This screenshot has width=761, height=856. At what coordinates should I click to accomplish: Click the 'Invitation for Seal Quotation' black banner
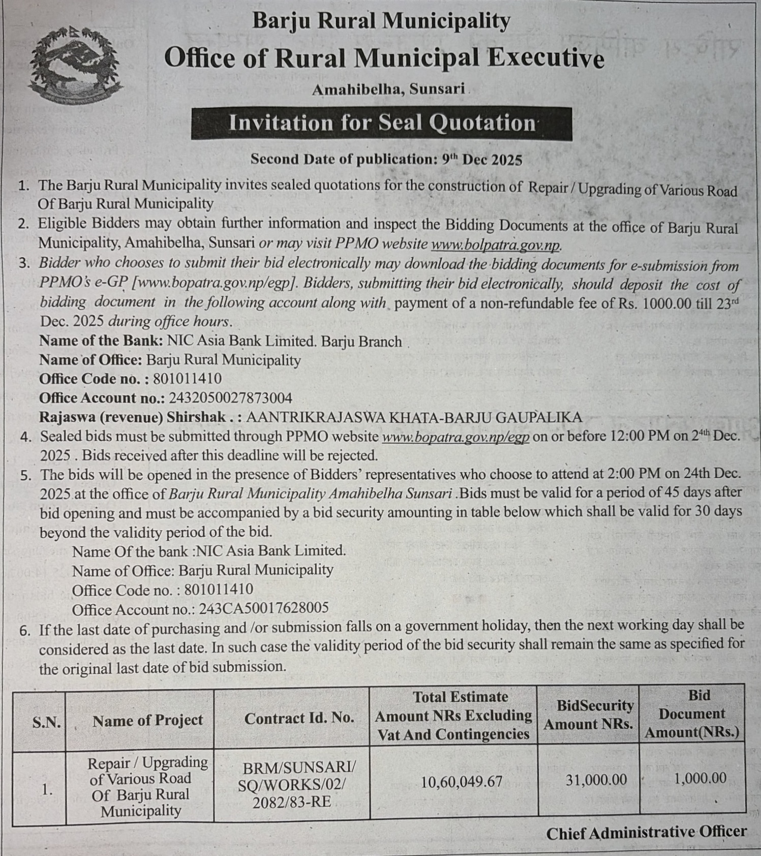point(381,123)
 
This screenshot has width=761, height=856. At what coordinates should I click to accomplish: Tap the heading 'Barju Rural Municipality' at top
point(381,21)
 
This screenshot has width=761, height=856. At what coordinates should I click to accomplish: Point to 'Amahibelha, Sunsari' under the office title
point(388,89)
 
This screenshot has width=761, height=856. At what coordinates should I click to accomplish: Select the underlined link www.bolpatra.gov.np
point(496,244)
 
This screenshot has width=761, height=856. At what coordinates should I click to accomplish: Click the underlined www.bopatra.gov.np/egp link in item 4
point(455,437)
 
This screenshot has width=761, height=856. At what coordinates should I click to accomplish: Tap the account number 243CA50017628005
point(263,608)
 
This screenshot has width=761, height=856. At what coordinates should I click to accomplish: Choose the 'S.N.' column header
point(46,722)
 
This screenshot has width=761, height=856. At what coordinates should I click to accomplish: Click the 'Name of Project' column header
point(147,720)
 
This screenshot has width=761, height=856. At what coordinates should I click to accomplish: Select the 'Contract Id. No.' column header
point(299,718)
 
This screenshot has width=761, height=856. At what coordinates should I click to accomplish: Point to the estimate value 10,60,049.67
point(461,781)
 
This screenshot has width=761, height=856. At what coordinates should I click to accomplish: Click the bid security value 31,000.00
point(596,780)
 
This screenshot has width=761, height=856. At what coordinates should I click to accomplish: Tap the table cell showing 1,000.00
point(699,778)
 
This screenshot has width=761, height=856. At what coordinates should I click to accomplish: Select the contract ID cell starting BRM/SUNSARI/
point(292,784)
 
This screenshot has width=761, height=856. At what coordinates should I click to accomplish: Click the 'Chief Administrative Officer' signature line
point(646,832)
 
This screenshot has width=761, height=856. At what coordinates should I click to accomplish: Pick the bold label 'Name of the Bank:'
point(101,341)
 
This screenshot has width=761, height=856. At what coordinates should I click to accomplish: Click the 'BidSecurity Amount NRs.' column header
point(588,715)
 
